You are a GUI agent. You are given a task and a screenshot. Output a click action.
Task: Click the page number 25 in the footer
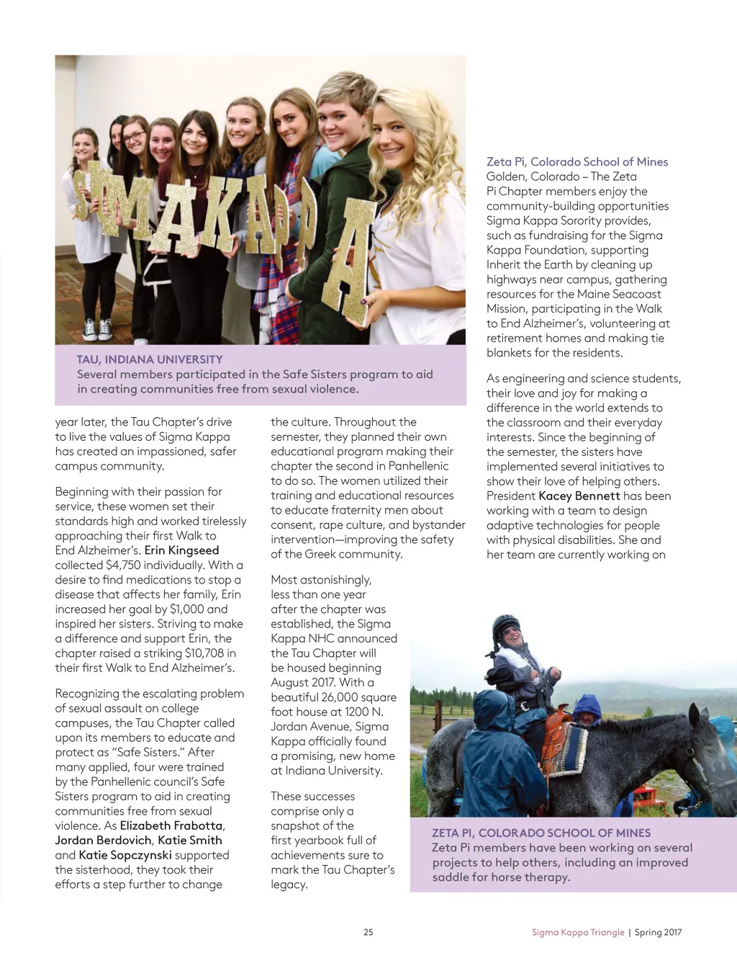[368, 932]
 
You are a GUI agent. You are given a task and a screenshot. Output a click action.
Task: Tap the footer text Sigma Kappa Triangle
[578, 932]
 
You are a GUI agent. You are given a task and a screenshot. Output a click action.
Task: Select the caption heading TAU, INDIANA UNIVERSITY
[150, 359]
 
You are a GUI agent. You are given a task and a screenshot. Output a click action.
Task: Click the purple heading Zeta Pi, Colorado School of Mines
[577, 162]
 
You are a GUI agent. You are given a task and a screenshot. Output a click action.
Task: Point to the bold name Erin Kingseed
[181, 550]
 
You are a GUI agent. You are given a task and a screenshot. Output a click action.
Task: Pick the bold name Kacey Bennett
[579, 496]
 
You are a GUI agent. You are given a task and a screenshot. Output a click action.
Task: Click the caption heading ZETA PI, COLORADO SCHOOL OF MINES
[541, 833]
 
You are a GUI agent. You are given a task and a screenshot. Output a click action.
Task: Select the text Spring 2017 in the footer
[658, 932]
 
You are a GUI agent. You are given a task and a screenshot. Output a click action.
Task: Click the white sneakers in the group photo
[97, 329]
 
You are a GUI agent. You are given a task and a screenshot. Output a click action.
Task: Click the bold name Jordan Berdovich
[104, 840]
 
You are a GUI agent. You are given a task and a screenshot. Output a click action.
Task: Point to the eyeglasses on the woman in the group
[133, 137]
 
